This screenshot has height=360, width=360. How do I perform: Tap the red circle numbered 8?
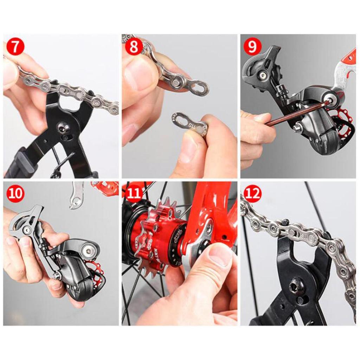pos(134,47)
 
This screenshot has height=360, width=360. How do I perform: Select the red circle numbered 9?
pos(252,47)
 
